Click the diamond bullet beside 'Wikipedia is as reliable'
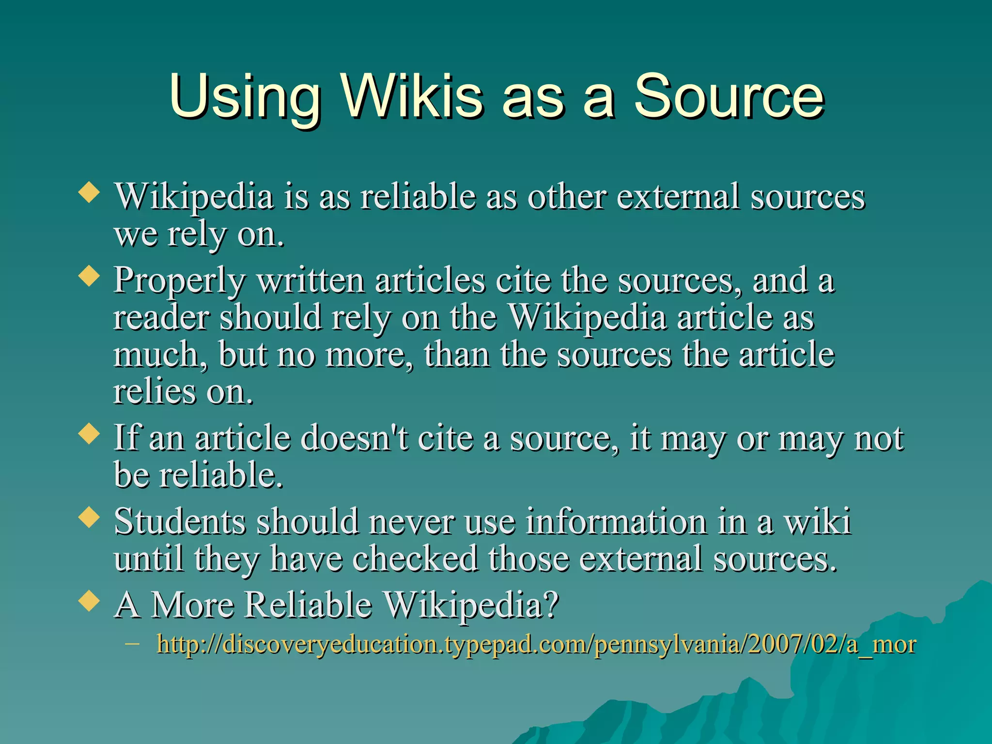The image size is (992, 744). point(89,193)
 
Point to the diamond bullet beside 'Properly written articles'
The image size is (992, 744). point(89,277)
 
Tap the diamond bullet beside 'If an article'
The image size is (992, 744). point(89,434)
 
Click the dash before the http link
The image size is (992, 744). point(132,644)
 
